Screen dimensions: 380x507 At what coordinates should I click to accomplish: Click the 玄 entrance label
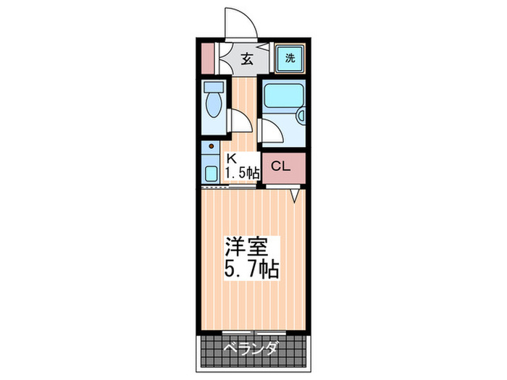(247, 59)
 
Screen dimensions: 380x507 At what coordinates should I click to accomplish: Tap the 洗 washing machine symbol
(290, 58)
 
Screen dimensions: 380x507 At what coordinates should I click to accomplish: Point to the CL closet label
(280, 166)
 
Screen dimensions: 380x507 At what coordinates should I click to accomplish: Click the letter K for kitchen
(231, 159)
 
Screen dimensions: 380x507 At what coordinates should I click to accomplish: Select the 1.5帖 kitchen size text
(242, 172)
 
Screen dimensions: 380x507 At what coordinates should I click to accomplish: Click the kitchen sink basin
(211, 173)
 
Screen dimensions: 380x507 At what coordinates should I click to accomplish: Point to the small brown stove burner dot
(211, 148)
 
